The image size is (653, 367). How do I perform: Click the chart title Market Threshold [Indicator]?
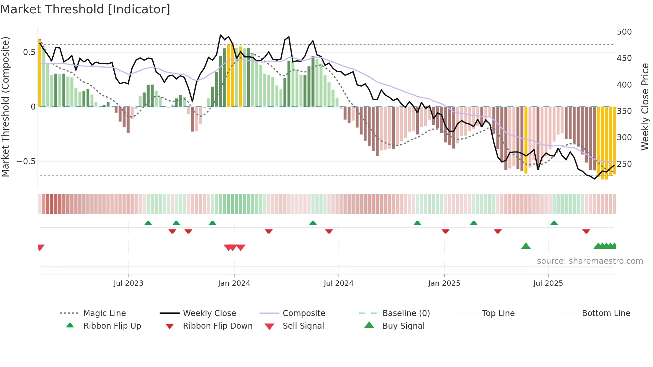point(85,9)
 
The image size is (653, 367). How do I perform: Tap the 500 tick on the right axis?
point(624,32)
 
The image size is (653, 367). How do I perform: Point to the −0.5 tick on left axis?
point(26,162)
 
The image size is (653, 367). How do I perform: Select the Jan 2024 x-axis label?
point(234,283)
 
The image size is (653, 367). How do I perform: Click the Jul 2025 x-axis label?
point(548,283)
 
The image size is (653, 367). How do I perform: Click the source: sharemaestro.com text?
point(590,261)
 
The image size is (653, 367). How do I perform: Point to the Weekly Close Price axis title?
point(645,107)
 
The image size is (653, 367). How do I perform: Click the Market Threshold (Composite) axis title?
point(5,107)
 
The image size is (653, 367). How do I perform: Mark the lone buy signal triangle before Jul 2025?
point(526,246)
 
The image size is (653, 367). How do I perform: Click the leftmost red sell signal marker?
point(41,247)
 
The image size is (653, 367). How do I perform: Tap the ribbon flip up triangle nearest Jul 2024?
point(313,223)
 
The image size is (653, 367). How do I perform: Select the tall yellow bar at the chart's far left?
point(40,73)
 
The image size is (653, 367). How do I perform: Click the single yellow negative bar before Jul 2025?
point(526,140)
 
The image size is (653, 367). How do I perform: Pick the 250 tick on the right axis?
point(624,164)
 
